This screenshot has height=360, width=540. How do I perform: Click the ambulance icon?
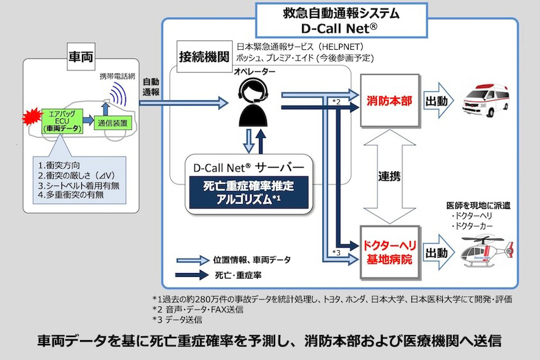(x=488, y=101)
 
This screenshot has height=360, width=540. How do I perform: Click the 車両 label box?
(x=81, y=57)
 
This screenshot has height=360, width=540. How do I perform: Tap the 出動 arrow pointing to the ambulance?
(x=440, y=101)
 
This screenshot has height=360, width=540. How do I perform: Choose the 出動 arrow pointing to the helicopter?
(x=440, y=251)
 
